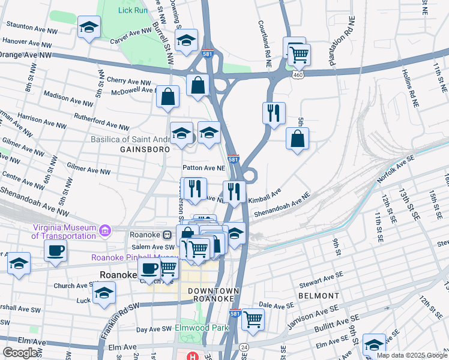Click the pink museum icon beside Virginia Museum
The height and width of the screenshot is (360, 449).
pyautogui.click(x=106, y=230)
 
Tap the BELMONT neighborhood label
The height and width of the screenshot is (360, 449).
pyautogui.click(x=318, y=296)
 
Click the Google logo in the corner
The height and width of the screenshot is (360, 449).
pyautogui.click(x=20, y=353)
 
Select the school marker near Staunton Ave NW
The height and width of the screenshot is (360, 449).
pyautogui.click(x=89, y=28)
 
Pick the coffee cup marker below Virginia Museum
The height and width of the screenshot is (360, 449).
pyautogui.click(x=55, y=250)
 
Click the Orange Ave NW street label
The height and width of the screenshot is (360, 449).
pyautogui.click(x=25, y=55)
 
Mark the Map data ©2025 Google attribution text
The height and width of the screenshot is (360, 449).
pyautogui.click(x=411, y=355)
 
